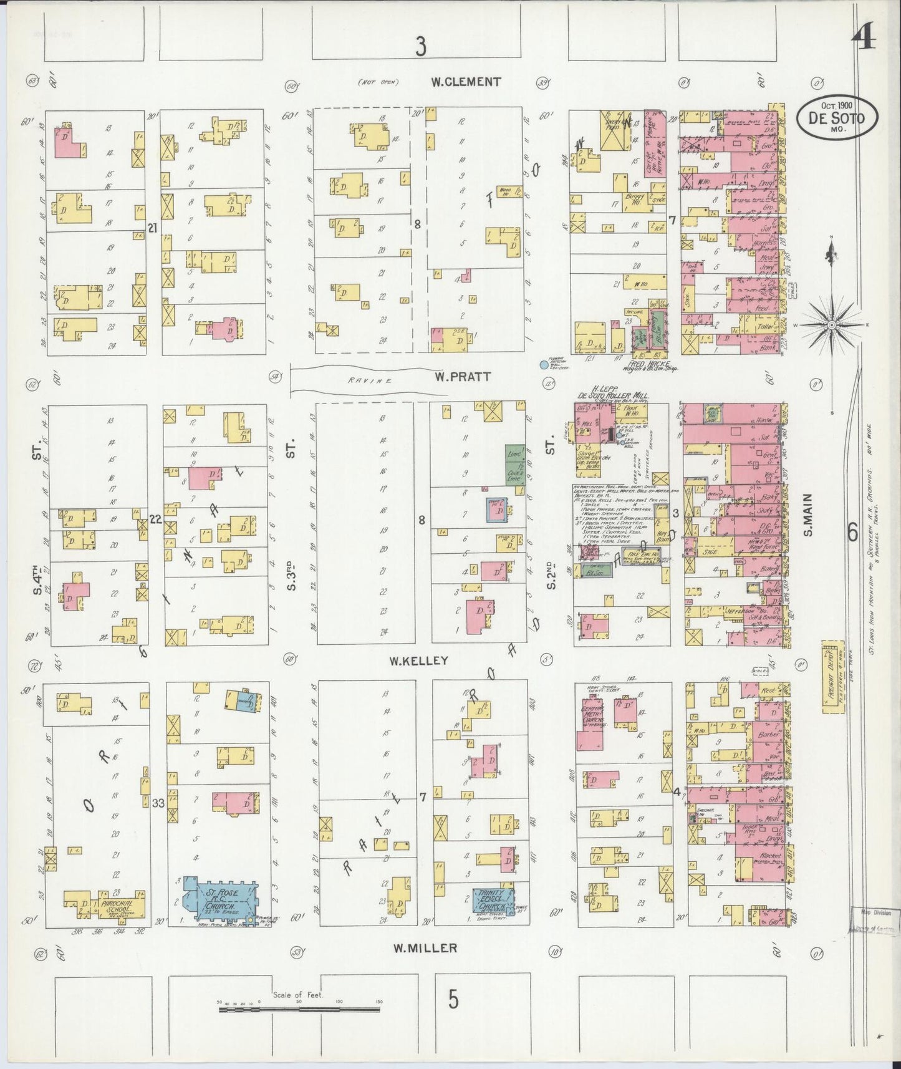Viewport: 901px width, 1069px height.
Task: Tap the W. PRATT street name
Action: tap(463, 377)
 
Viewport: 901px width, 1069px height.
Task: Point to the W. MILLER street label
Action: tap(426, 948)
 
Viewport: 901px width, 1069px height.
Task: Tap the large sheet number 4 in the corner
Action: tap(864, 39)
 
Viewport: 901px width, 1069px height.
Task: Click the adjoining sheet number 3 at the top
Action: tap(422, 47)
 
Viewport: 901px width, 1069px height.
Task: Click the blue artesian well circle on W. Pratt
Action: tap(544, 366)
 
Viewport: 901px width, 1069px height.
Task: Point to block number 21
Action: tap(152, 229)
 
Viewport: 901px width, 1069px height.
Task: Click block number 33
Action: tap(158, 803)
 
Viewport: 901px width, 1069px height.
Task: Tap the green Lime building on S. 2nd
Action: tap(515, 463)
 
